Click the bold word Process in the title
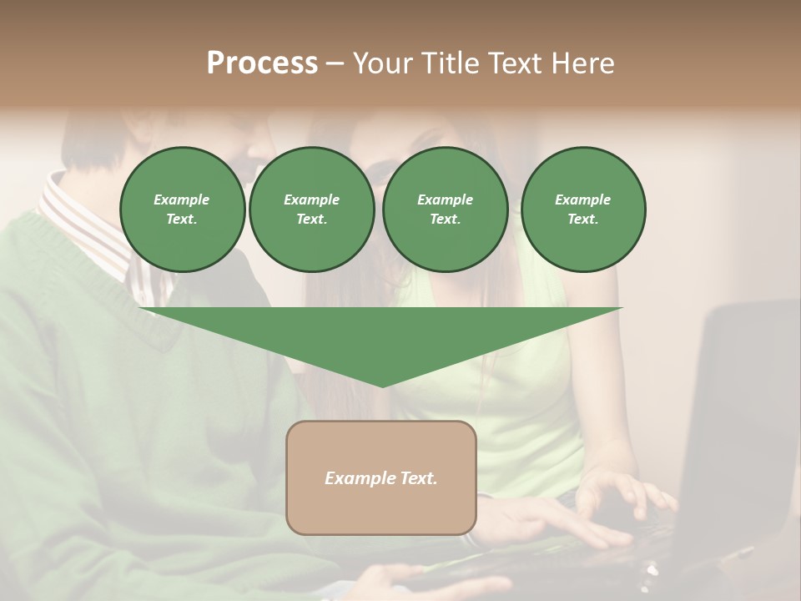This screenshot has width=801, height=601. point(262,63)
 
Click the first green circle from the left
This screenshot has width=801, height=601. point(182,210)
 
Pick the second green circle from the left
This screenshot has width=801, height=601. point(311,210)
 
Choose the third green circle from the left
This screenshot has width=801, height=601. point(445,210)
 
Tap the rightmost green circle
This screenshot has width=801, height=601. point(583,210)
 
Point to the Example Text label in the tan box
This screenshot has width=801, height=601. point(381,478)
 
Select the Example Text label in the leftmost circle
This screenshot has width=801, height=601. point(182,210)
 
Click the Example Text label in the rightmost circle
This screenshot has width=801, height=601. point(583,210)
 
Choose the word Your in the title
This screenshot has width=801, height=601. point(381,63)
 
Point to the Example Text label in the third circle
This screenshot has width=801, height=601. point(445,210)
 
